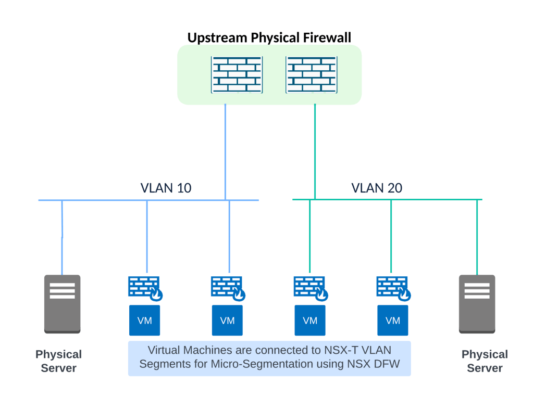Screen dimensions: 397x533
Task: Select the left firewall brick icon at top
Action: point(237,74)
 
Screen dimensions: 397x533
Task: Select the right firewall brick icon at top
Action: point(311,74)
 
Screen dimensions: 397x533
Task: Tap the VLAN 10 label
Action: point(166,188)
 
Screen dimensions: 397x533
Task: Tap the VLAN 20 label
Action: point(376,188)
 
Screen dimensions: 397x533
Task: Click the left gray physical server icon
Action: point(62,304)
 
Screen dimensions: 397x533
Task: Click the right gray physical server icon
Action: point(477,304)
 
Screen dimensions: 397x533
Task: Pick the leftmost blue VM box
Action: point(144,320)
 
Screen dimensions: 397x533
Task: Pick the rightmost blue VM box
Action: point(392,320)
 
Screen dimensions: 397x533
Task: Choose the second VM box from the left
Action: point(227,320)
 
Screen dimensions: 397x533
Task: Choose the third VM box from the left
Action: point(310,320)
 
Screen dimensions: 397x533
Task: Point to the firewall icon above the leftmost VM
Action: point(144,288)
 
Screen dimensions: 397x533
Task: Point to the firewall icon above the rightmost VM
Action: point(393,288)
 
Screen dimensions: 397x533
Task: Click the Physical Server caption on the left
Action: point(58,361)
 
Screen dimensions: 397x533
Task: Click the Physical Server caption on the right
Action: point(485,361)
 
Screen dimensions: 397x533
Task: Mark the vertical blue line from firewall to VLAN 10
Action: point(226,151)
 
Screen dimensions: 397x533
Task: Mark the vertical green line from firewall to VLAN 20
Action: point(315,151)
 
